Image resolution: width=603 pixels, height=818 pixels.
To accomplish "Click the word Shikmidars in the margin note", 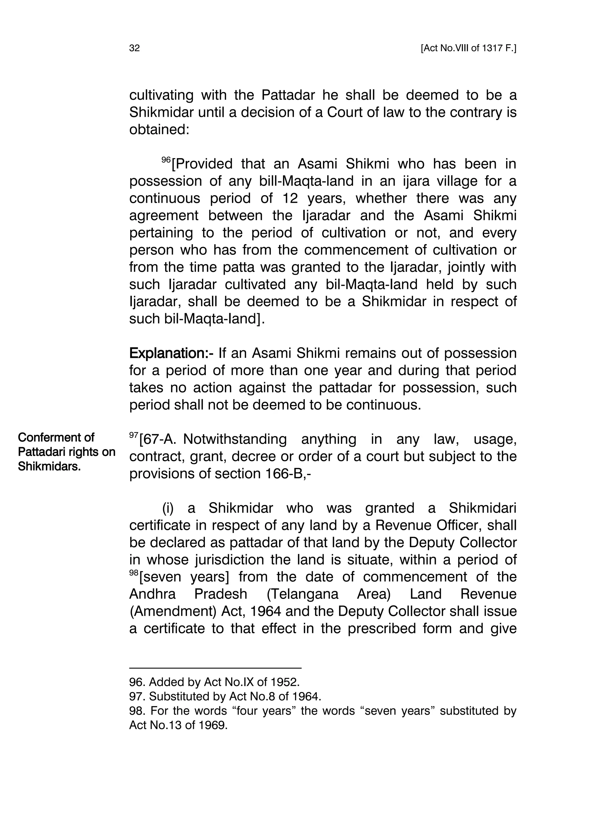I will pos(49,466).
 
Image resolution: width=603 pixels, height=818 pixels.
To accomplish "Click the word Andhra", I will pos(152,594).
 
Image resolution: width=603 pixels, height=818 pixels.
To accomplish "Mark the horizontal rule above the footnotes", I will pos(215,668).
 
